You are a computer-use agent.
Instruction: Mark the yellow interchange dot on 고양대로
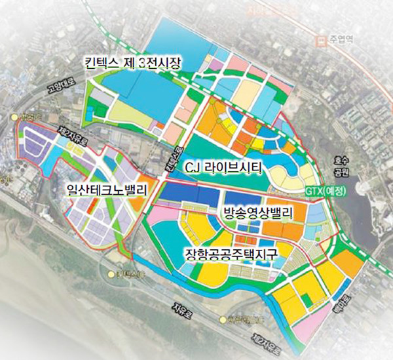16,117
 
